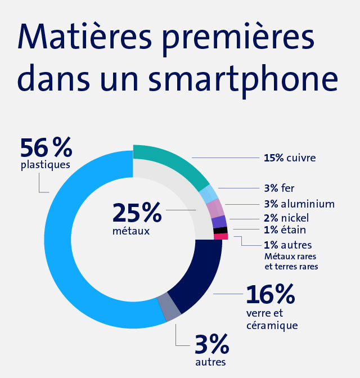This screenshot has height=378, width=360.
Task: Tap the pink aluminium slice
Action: coord(216,208)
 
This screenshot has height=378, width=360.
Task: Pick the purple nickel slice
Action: coord(220,221)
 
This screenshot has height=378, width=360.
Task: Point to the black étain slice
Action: coord(221,230)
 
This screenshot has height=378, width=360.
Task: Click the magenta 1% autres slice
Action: coord(221,237)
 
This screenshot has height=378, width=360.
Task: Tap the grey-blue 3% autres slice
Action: coord(169,307)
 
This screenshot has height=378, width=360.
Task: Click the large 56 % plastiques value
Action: coord(46,148)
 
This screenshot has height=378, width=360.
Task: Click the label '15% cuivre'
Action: coord(290,158)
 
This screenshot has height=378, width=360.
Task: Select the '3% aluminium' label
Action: coord(299,204)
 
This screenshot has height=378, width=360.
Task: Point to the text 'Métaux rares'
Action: coord(290,256)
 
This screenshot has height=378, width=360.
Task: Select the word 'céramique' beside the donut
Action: coord(272,326)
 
